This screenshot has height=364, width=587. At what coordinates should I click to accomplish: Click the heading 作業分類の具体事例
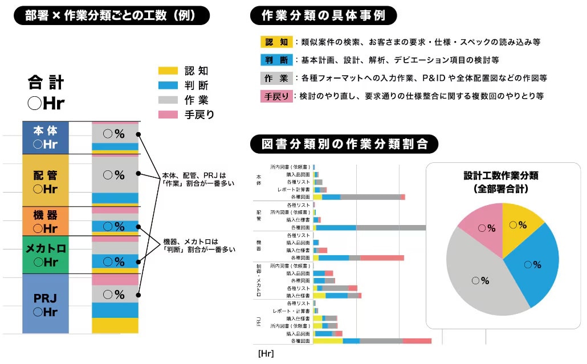coord(323,16)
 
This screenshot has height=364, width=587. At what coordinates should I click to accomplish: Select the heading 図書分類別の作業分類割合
coord(344,144)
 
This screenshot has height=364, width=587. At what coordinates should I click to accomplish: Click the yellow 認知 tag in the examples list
coord(276,42)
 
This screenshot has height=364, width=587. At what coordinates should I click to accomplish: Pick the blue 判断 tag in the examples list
coord(276,60)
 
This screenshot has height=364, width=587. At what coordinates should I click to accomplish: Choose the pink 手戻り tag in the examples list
coord(276,96)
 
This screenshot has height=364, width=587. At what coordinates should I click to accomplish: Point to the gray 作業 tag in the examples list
coord(276,78)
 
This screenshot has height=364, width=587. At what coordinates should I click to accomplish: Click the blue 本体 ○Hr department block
coord(46,137)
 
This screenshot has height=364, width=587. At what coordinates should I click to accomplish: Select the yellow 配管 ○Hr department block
coord(46,180)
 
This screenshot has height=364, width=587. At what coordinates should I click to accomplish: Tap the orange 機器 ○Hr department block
coord(46,221)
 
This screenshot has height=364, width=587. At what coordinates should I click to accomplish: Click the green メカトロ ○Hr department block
coord(46,255)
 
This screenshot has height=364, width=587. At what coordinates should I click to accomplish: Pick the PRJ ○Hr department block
coord(46,304)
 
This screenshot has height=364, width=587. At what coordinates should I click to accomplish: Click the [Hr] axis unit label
coord(266,354)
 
